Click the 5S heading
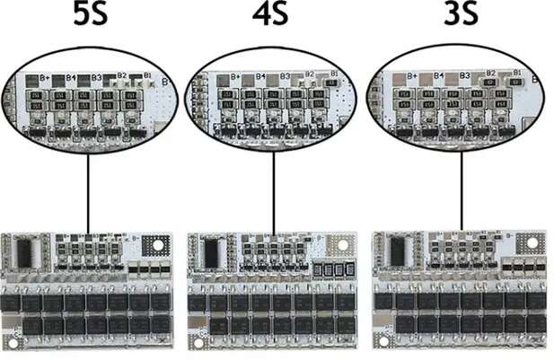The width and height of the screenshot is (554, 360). (87, 16)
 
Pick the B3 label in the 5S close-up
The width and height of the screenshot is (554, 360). (95, 77)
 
